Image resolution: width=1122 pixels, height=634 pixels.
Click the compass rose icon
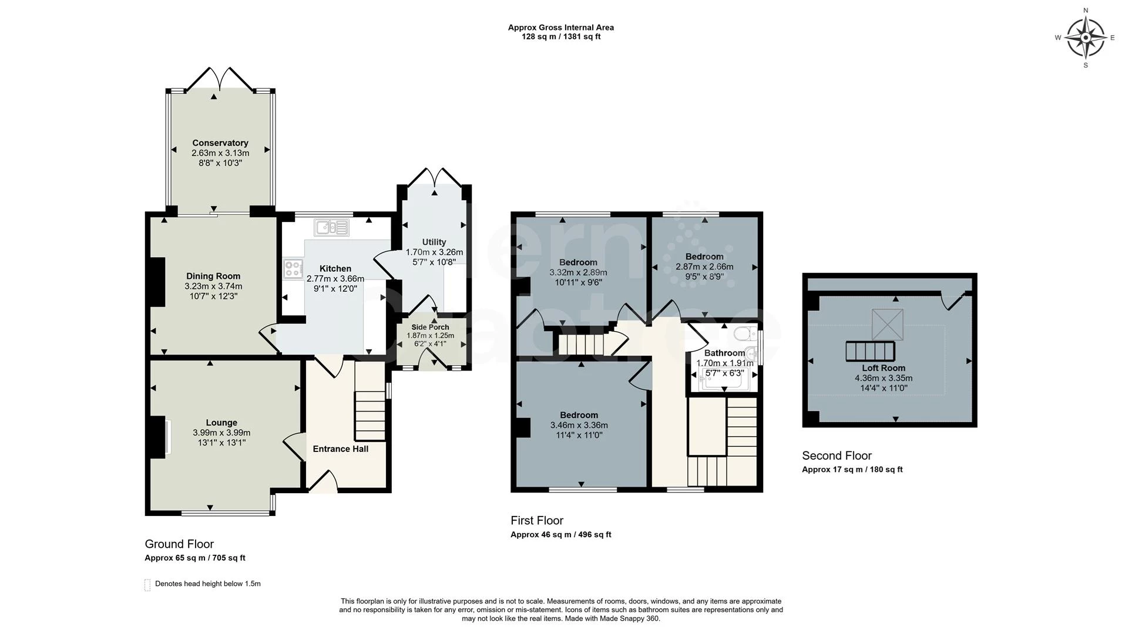click(1085, 38)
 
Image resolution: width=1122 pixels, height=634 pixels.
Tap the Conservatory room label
click(220, 143)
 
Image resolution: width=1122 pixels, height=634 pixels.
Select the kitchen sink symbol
click(331, 227)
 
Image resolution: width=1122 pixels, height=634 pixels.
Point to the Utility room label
click(434, 242)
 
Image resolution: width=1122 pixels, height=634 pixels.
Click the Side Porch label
click(430, 327)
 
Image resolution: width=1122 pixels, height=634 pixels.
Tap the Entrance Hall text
click(340, 448)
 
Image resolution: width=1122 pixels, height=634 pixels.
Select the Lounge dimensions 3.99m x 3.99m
click(221, 433)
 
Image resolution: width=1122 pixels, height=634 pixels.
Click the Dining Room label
click(213, 276)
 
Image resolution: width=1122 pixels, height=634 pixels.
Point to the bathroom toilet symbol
click(744, 333)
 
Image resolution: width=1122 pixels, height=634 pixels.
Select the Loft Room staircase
click(870, 351)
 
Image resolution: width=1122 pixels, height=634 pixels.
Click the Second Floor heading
click(837, 456)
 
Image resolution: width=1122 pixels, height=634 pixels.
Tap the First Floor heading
click(536, 520)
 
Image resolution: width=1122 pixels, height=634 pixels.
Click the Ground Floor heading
click(179, 544)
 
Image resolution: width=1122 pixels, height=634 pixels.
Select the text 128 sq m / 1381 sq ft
click(561, 36)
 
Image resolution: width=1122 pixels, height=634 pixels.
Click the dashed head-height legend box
click(147, 585)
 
